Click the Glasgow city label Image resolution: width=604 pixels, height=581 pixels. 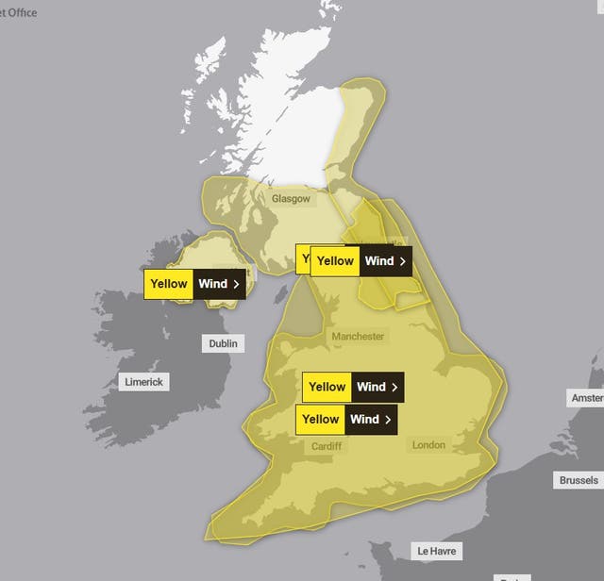pos(290,199)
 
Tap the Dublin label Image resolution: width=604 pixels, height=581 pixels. pos(223,343)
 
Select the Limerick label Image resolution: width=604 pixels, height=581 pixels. pos(143,382)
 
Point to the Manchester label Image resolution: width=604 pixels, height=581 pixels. pos(358,336)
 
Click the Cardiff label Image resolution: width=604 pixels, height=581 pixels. pos(327,446)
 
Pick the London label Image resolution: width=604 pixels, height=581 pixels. pos(428,444)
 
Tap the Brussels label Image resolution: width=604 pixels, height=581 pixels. pos(578,480)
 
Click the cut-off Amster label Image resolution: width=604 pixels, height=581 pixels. pos(586,399)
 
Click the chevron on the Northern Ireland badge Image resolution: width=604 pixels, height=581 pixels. pos(235,284)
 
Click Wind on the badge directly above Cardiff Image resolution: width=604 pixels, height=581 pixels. pos(364,420)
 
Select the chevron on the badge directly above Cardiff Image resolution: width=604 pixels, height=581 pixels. pos(387,420)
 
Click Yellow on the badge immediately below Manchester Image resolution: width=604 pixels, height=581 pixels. pos(327,387)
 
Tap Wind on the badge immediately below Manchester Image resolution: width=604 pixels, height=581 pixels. pos(371,387)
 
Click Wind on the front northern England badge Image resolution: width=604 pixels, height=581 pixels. pos(378,261)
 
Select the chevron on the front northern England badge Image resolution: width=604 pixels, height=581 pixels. pos(402,261)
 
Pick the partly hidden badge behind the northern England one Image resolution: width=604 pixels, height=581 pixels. pos(303,258)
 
